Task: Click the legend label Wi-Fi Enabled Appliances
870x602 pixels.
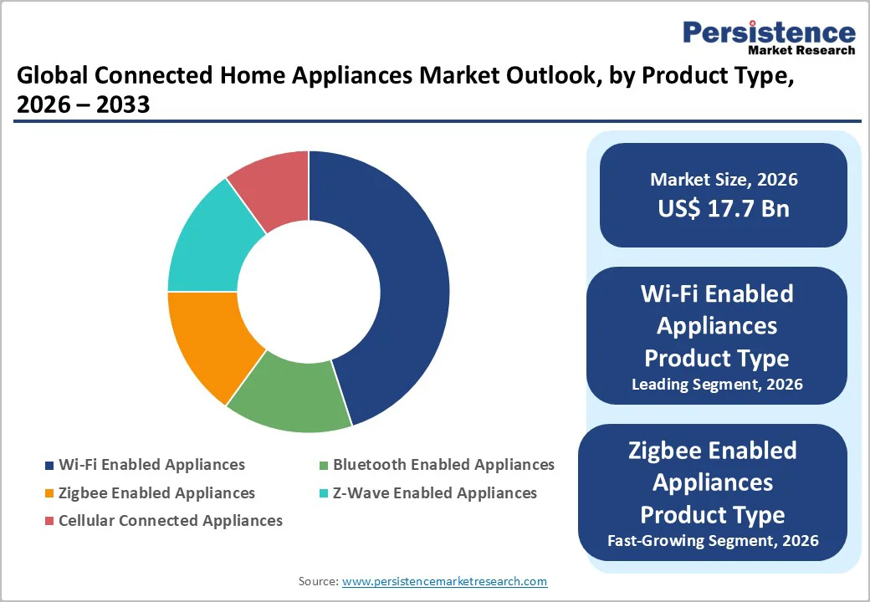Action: pyautogui.click(x=151, y=465)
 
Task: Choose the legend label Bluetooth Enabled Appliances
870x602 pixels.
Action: pyautogui.click(x=443, y=465)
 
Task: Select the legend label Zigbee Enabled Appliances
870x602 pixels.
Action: pyautogui.click(x=156, y=493)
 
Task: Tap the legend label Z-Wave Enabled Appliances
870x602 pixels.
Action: pyautogui.click(x=435, y=493)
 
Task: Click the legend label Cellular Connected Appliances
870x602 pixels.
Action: pyautogui.click(x=171, y=521)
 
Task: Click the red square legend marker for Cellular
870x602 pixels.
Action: pyautogui.click(x=49, y=521)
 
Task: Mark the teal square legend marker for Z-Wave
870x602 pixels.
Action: pyautogui.click(x=324, y=493)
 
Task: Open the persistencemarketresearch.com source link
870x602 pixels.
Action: pyautogui.click(x=445, y=581)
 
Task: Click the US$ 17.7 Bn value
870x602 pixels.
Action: pyautogui.click(x=724, y=208)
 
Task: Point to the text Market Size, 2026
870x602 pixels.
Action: pyautogui.click(x=724, y=180)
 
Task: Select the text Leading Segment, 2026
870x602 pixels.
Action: pyautogui.click(x=717, y=385)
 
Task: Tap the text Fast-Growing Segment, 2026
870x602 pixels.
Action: pyautogui.click(x=713, y=541)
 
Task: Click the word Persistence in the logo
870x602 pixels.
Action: pyautogui.click(x=769, y=33)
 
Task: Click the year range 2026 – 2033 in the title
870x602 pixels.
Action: pyautogui.click(x=83, y=106)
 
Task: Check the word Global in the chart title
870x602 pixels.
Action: pyautogui.click(x=52, y=77)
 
